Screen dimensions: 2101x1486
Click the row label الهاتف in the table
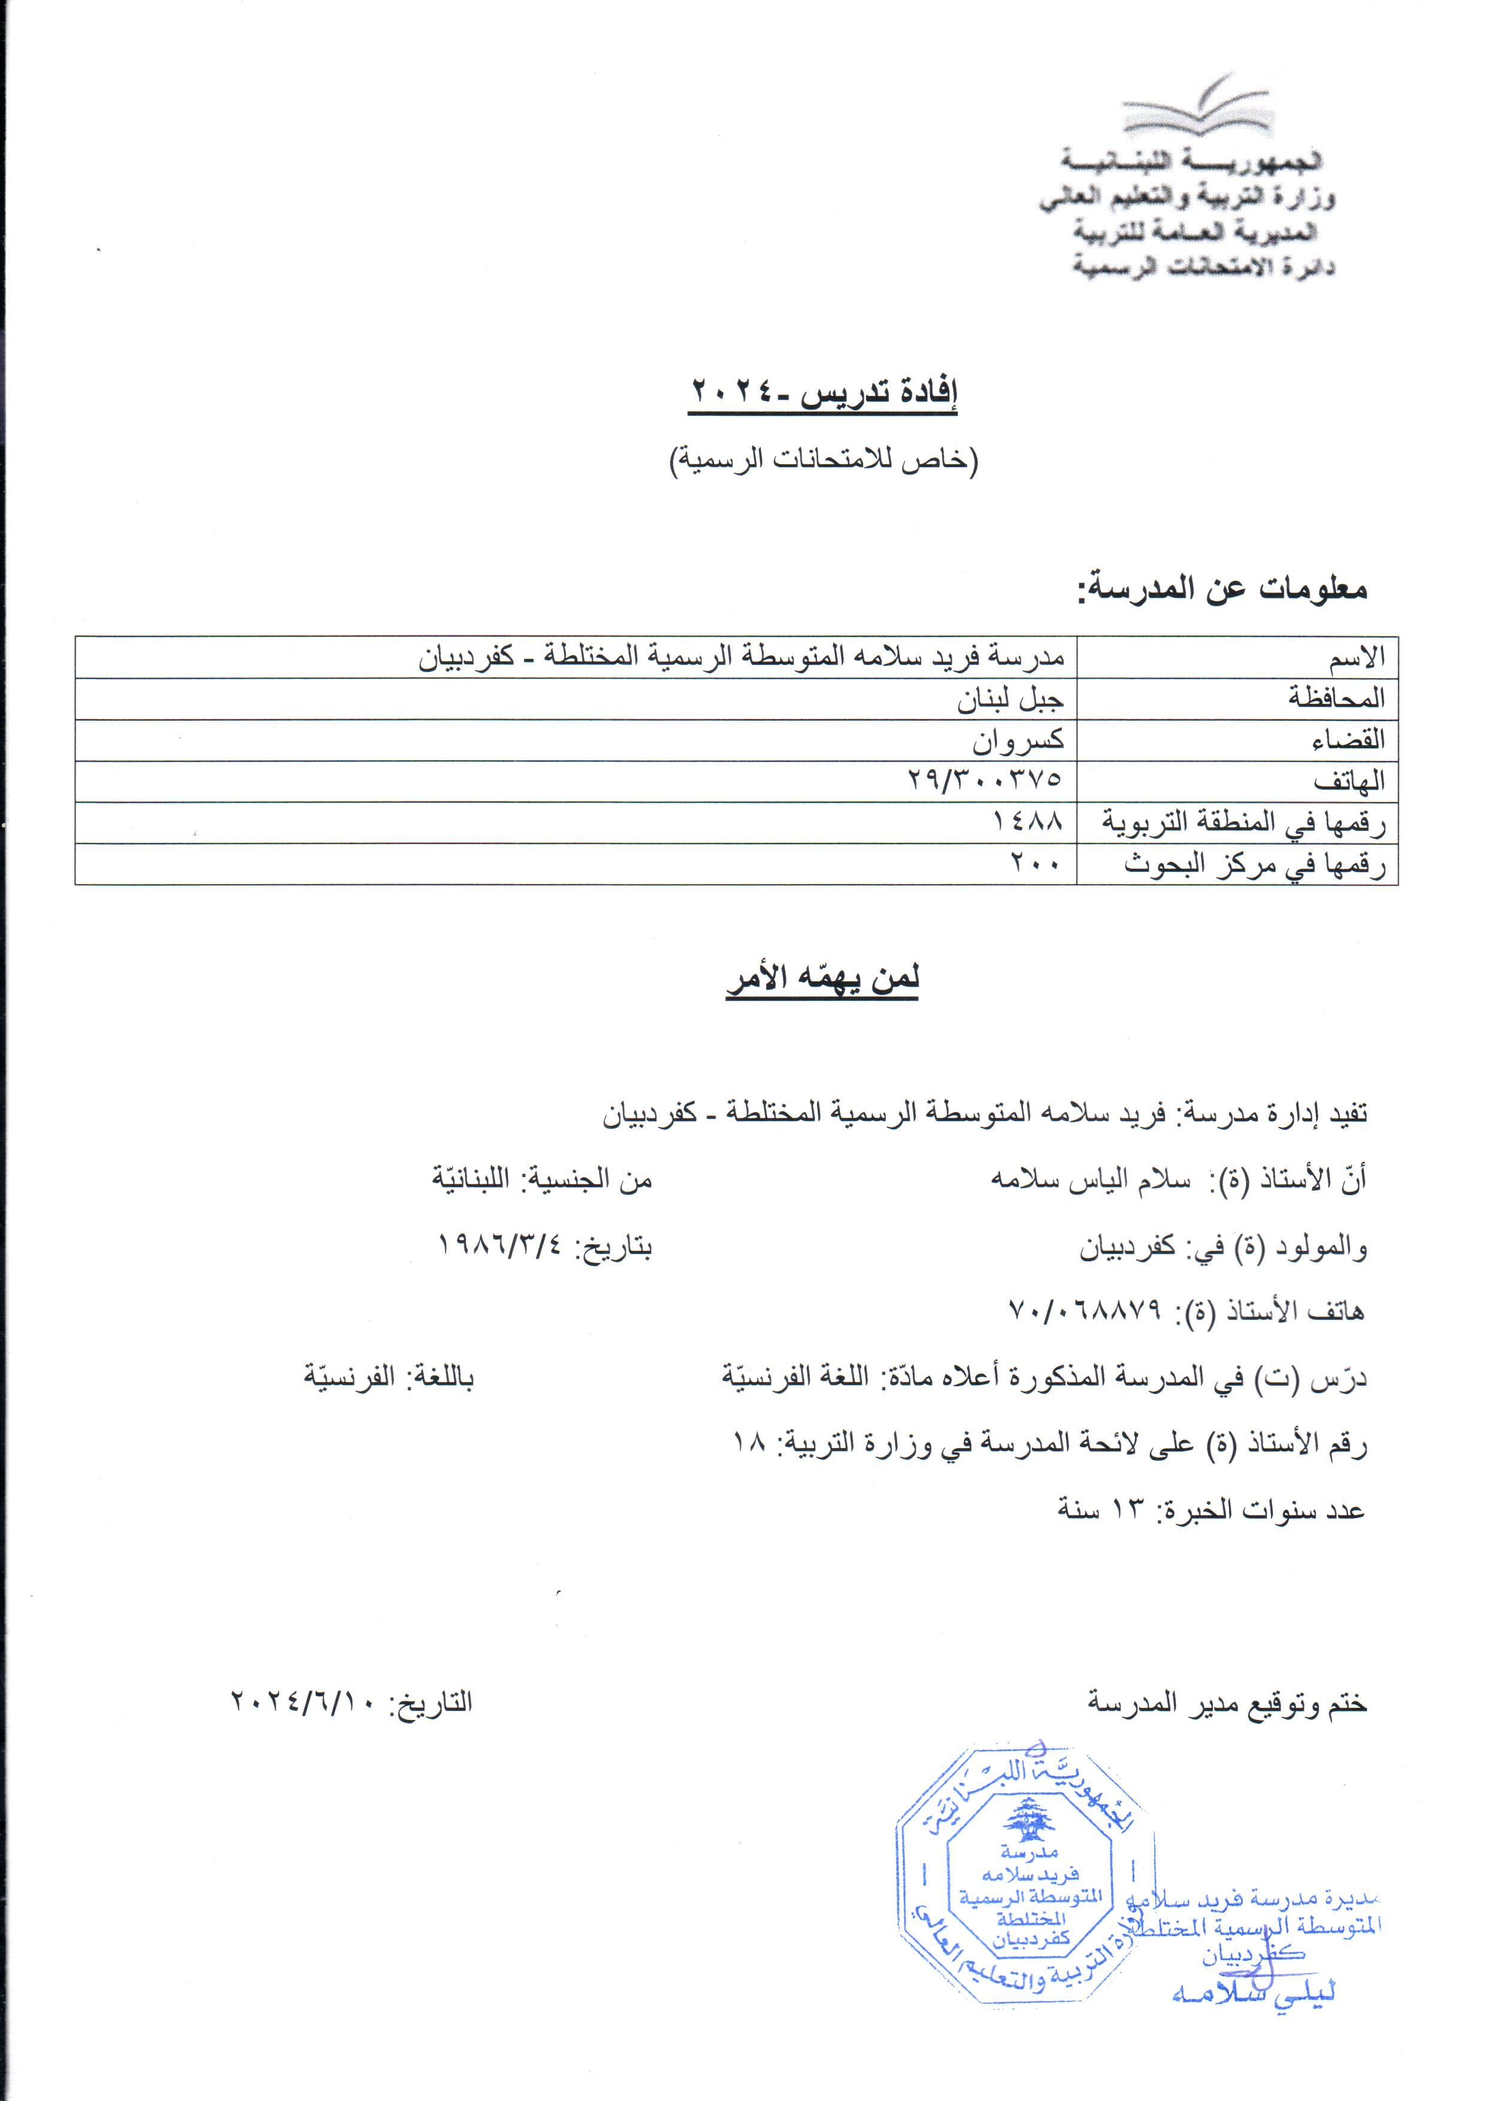[1349, 781]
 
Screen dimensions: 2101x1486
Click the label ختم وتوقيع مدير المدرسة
[1226, 1703]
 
